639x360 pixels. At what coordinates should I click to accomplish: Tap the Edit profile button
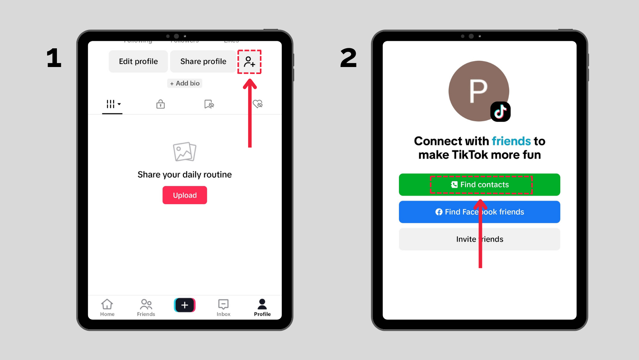pyautogui.click(x=138, y=62)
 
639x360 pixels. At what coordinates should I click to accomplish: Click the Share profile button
pyautogui.click(x=203, y=62)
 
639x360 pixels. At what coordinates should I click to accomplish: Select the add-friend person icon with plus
pyautogui.click(x=249, y=62)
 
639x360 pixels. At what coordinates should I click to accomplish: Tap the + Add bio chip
pyautogui.click(x=185, y=83)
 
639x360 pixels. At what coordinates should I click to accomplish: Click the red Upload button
pyautogui.click(x=185, y=195)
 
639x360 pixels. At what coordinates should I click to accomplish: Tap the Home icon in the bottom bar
pyautogui.click(x=107, y=307)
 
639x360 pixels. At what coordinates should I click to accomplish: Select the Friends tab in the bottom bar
pyautogui.click(x=146, y=307)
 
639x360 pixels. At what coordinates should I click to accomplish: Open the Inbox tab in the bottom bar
pyautogui.click(x=223, y=307)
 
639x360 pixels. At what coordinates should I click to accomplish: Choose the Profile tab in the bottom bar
pyautogui.click(x=262, y=307)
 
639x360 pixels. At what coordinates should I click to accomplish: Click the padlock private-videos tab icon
pyautogui.click(x=161, y=104)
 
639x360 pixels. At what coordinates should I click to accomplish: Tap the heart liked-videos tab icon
pyautogui.click(x=258, y=104)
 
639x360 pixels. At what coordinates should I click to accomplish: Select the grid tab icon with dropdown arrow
pyautogui.click(x=113, y=104)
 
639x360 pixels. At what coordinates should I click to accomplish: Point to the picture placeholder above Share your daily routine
pyautogui.click(x=185, y=152)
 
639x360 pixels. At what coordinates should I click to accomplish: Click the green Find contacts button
pyautogui.click(x=479, y=185)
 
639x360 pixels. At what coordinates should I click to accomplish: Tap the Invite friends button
pyautogui.click(x=479, y=239)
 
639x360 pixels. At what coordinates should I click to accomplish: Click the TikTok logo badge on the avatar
pyautogui.click(x=500, y=112)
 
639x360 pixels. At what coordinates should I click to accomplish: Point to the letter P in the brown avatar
pyautogui.click(x=478, y=91)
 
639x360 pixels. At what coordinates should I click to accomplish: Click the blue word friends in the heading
pyautogui.click(x=511, y=141)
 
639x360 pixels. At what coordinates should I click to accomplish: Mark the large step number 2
pyautogui.click(x=348, y=58)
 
